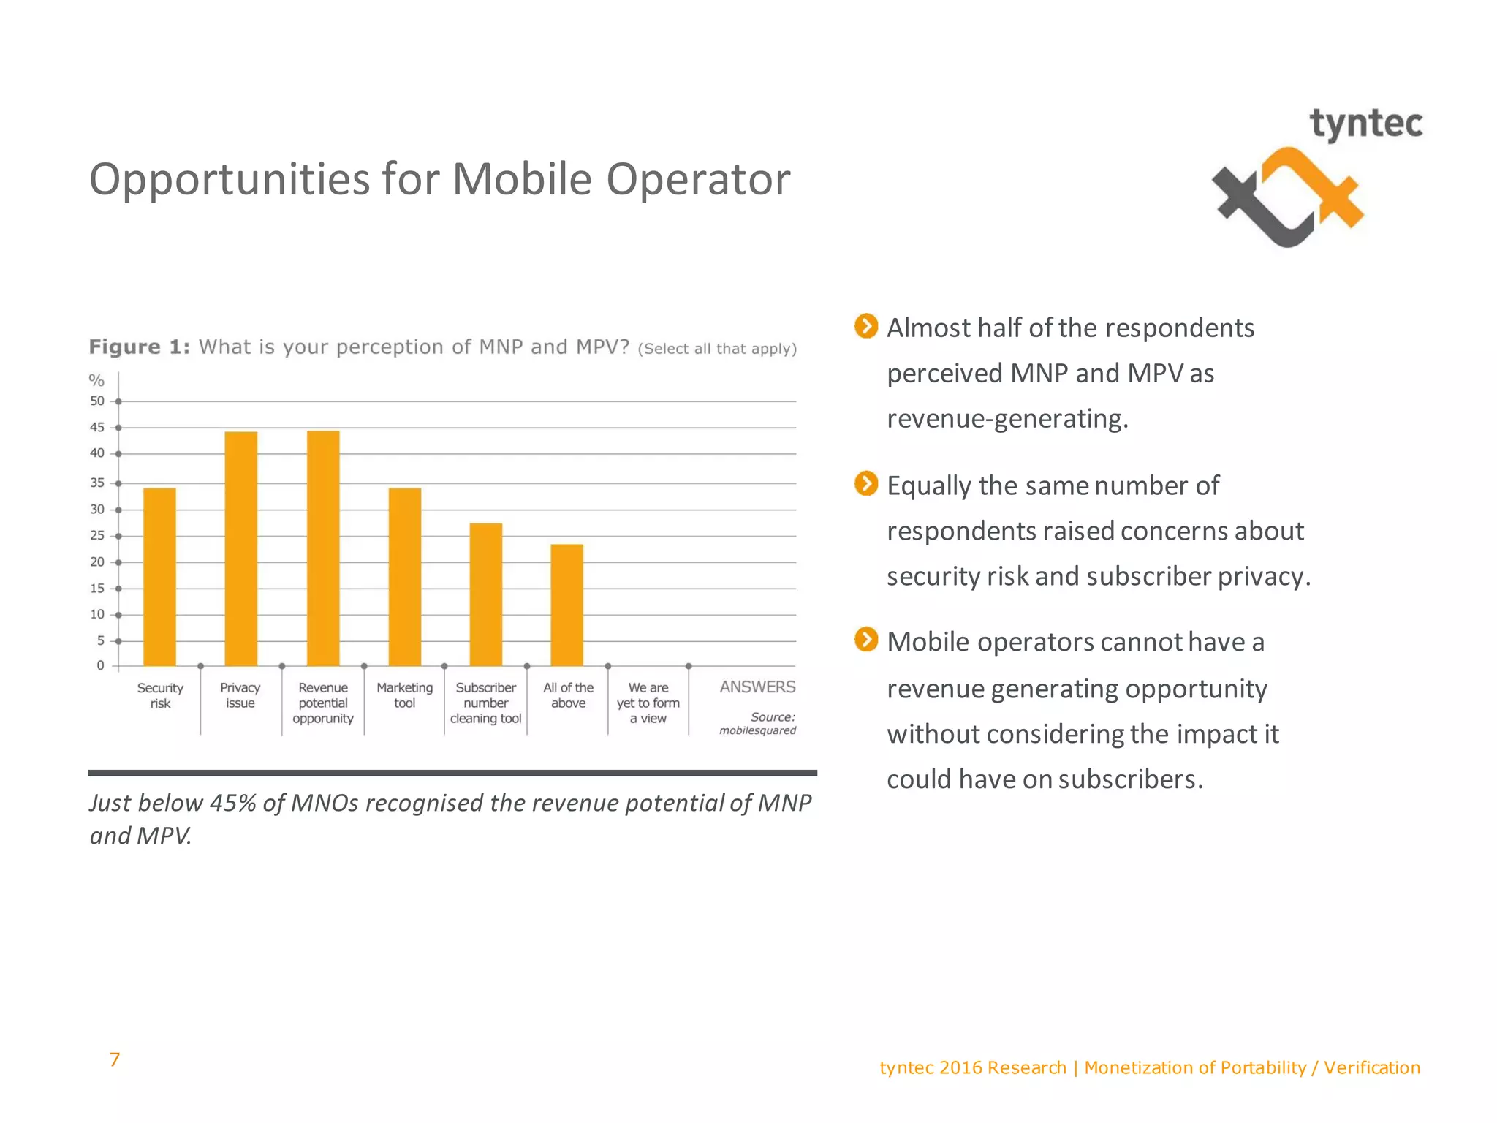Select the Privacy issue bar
[x=240, y=548]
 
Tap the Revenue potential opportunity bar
[x=323, y=548]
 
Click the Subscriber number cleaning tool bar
[x=485, y=594]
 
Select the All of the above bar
[x=566, y=605]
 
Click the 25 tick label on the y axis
[x=97, y=536]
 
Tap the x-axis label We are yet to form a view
[x=648, y=703]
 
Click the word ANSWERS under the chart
[x=757, y=687]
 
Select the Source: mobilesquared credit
[x=759, y=723]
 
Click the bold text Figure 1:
[x=139, y=347]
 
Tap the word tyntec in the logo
[x=1365, y=124]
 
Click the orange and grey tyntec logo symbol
[x=1288, y=197]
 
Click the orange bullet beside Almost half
[x=866, y=326]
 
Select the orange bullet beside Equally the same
[x=866, y=483]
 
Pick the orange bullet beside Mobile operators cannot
[x=866, y=640]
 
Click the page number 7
[x=115, y=1059]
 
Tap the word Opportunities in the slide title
[x=230, y=179]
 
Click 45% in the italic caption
[x=233, y=803]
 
